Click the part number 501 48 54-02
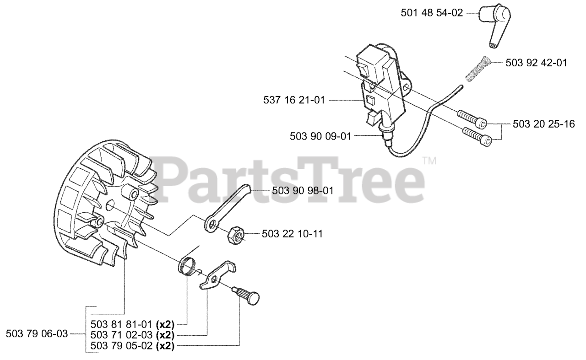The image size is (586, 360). click(x=432, y=14)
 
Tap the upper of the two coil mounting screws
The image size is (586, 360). click(x=472, y=118)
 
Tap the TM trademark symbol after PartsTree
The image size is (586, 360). click(x=429, y=161)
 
